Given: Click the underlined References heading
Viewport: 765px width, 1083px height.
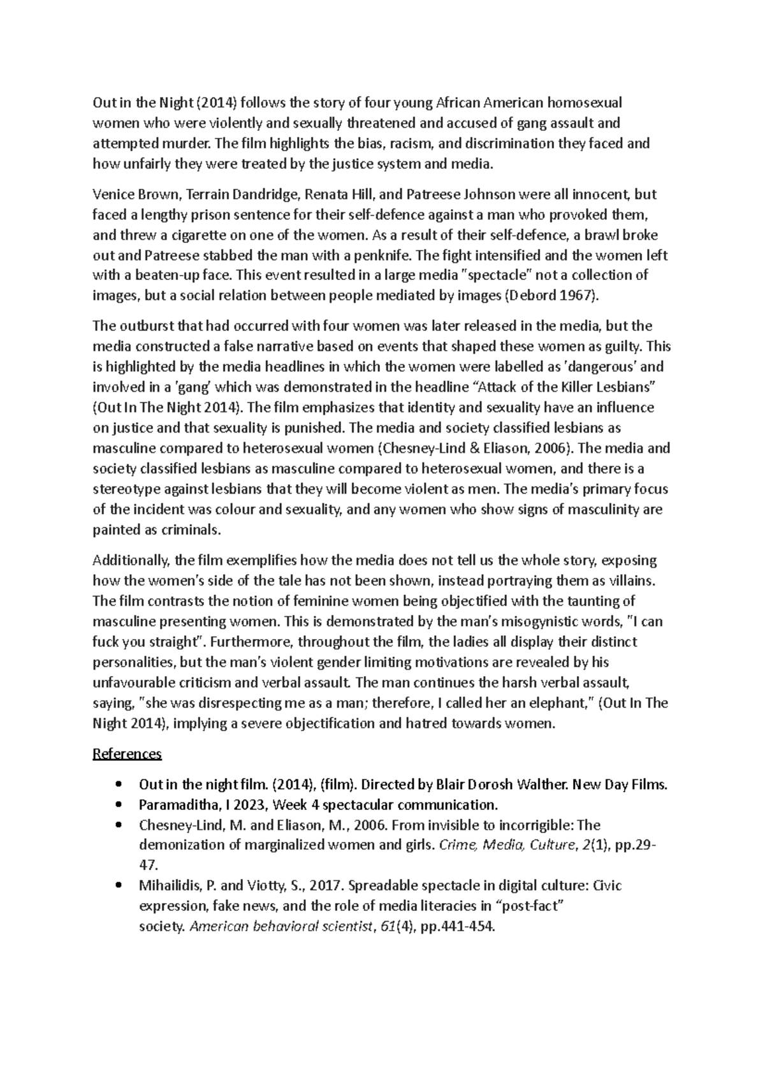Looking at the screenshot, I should tap(127, 754).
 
